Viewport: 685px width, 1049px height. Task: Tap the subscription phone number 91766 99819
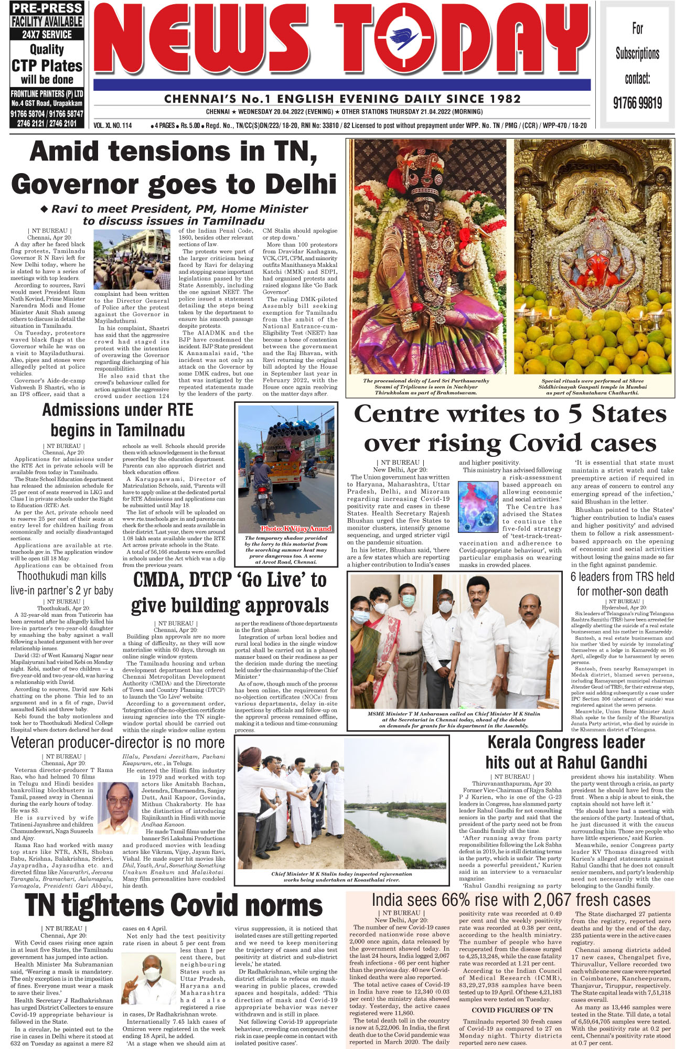click(x=637, y=102)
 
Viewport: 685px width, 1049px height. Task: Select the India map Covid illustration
click(x=478, y=507)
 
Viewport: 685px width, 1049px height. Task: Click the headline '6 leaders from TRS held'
click(x=622, y=577)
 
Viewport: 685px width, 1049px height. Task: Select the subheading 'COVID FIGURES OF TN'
click(x=505, y=1010)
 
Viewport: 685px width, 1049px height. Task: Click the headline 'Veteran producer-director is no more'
click(x=117, y=743)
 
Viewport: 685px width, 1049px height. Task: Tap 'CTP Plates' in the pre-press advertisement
click(x=47, y=66)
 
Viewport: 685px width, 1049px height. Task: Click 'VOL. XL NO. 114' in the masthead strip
click(x=113, y=126)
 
